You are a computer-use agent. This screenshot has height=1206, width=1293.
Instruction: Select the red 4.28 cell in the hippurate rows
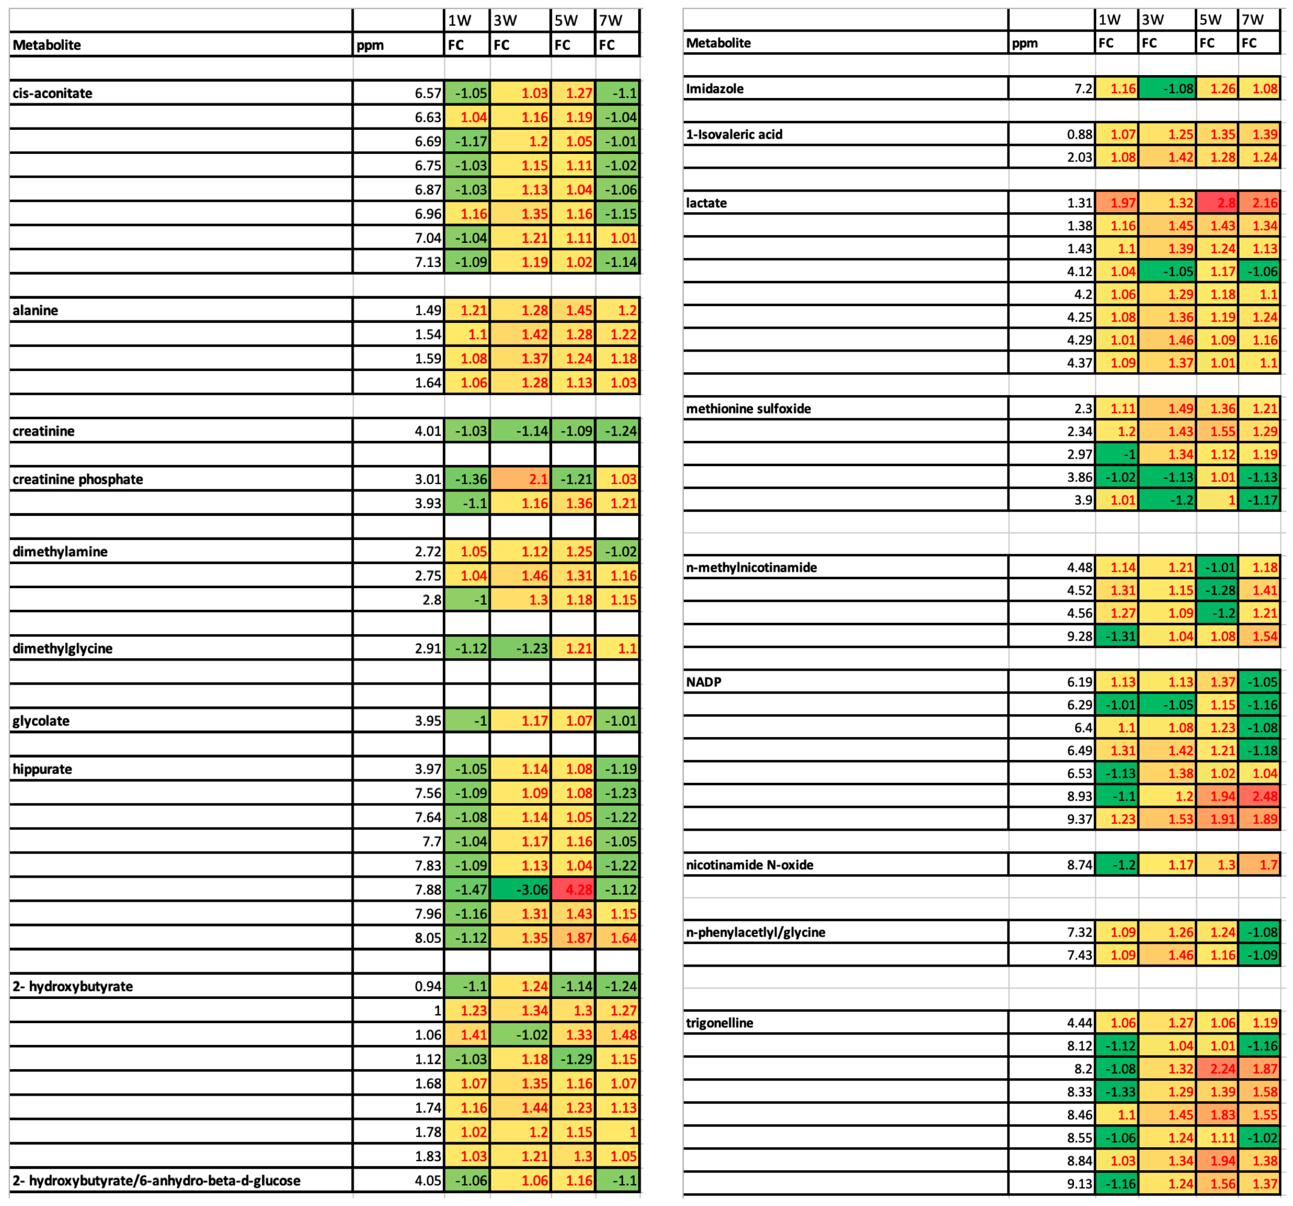tap(573, 889)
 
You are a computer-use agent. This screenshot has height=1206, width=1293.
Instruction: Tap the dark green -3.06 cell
tap(520, 889)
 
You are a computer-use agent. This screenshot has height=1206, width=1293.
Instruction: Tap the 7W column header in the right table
tap(1253, 19)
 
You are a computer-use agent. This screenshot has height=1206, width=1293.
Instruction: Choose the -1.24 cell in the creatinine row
tap(618, 431)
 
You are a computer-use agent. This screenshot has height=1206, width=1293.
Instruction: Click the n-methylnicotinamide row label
tap(751, 567)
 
